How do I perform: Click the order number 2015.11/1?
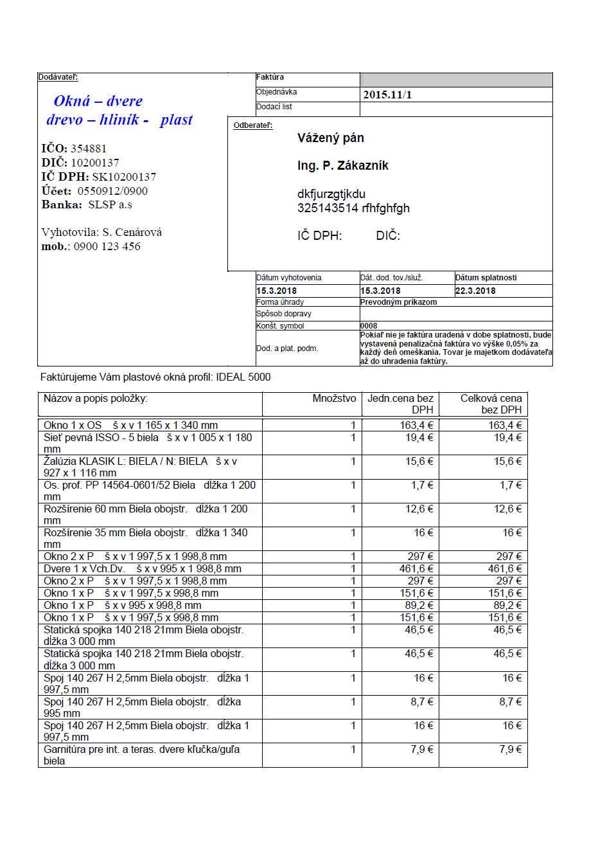387,95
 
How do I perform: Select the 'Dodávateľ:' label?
58,77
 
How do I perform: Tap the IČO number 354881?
89,149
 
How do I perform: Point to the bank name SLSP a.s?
110,204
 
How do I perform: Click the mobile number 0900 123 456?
107,246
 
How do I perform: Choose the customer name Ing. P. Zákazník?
342,166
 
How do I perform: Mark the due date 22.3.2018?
475,291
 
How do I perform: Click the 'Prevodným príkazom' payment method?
398,302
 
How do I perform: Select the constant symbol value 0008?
369,326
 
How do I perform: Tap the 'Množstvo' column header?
334,399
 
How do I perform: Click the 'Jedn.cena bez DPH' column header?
400,404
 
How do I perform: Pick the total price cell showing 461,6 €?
505,569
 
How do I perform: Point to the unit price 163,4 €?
416,426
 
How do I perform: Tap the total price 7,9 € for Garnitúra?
511,750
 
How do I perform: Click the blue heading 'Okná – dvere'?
98,101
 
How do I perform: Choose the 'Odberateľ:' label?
253,125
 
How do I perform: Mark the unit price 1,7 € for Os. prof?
422,485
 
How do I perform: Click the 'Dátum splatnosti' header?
486,278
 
